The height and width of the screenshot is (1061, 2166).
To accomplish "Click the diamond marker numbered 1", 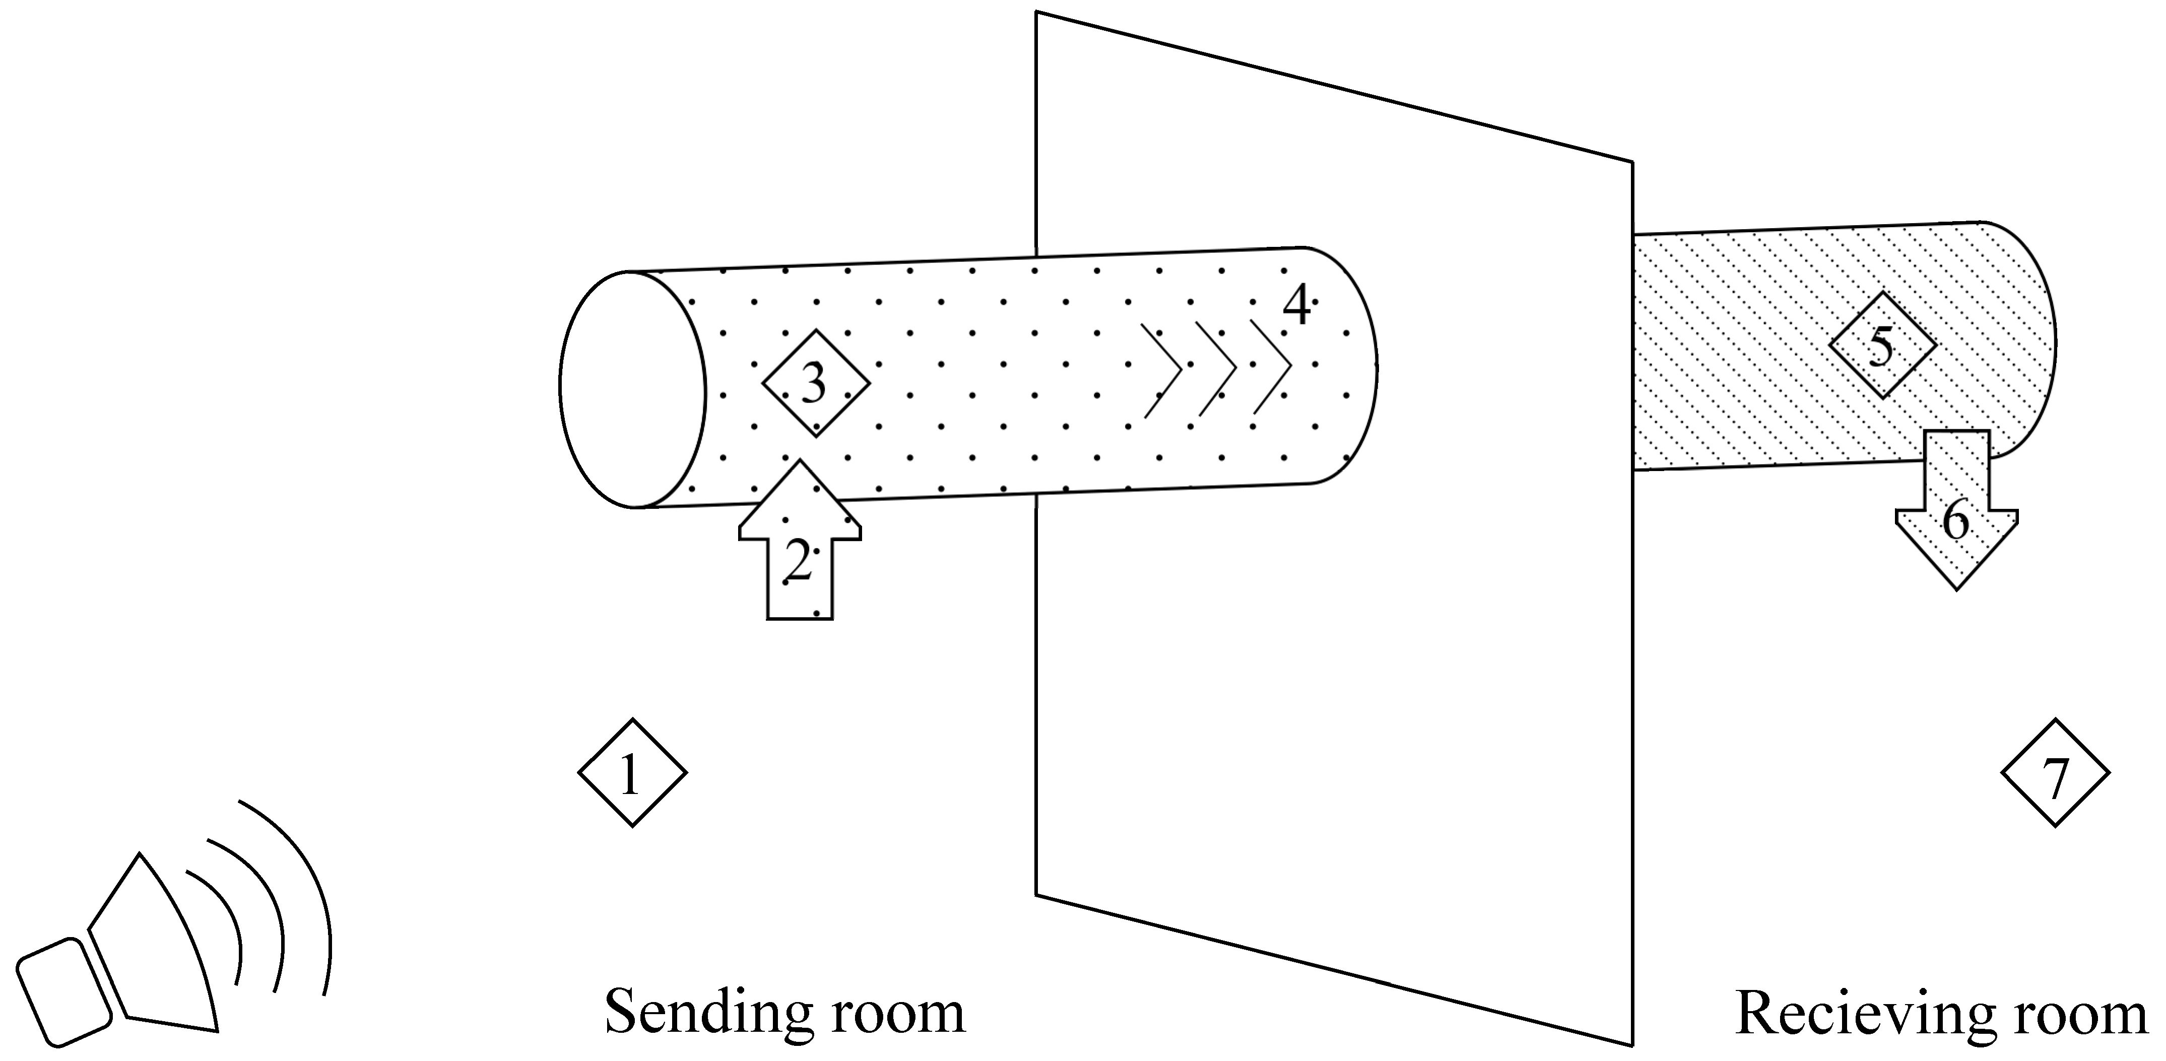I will [631, 773].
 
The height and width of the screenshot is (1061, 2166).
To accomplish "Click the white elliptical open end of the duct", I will [632, 389].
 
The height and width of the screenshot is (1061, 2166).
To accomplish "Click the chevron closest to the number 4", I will [1271, 367].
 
